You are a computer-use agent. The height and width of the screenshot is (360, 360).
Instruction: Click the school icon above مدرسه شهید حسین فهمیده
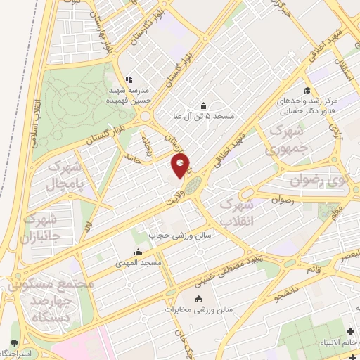coord(127,79)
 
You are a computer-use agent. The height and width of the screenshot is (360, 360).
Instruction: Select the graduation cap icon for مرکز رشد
coord(307,90)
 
